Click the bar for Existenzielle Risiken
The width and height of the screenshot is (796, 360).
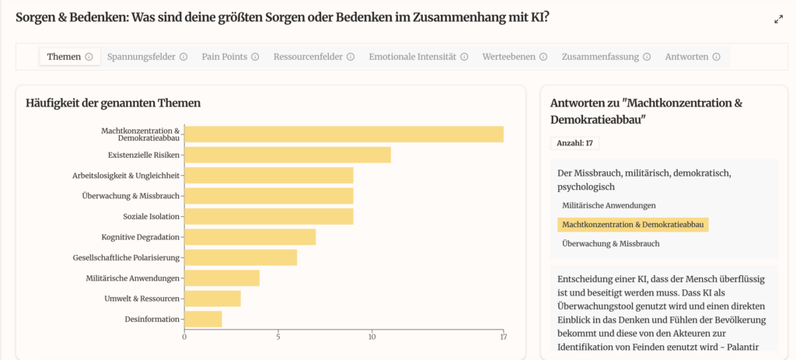287,155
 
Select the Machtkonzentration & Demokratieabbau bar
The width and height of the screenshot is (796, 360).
344,134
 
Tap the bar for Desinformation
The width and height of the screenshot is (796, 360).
203,319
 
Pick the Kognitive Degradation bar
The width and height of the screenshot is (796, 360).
250,236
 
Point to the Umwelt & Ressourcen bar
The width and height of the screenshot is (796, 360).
212,299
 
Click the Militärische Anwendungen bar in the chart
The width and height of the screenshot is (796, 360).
222,278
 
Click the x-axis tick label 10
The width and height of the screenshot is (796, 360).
372,337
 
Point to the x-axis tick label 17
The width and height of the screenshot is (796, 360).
503,337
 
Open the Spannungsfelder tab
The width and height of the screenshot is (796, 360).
141,57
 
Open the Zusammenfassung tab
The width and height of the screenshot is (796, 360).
599,57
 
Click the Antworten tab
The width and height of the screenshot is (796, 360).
686,57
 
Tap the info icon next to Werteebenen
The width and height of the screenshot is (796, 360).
543,57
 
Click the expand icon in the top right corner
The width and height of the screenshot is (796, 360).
778,19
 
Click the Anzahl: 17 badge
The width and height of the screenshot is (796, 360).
574,143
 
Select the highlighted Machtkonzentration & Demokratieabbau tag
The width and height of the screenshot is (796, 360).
633,225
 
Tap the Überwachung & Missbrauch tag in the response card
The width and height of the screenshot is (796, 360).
611,243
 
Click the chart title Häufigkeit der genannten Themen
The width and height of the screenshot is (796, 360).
113,103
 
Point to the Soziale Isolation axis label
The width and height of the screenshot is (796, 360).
151,216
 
